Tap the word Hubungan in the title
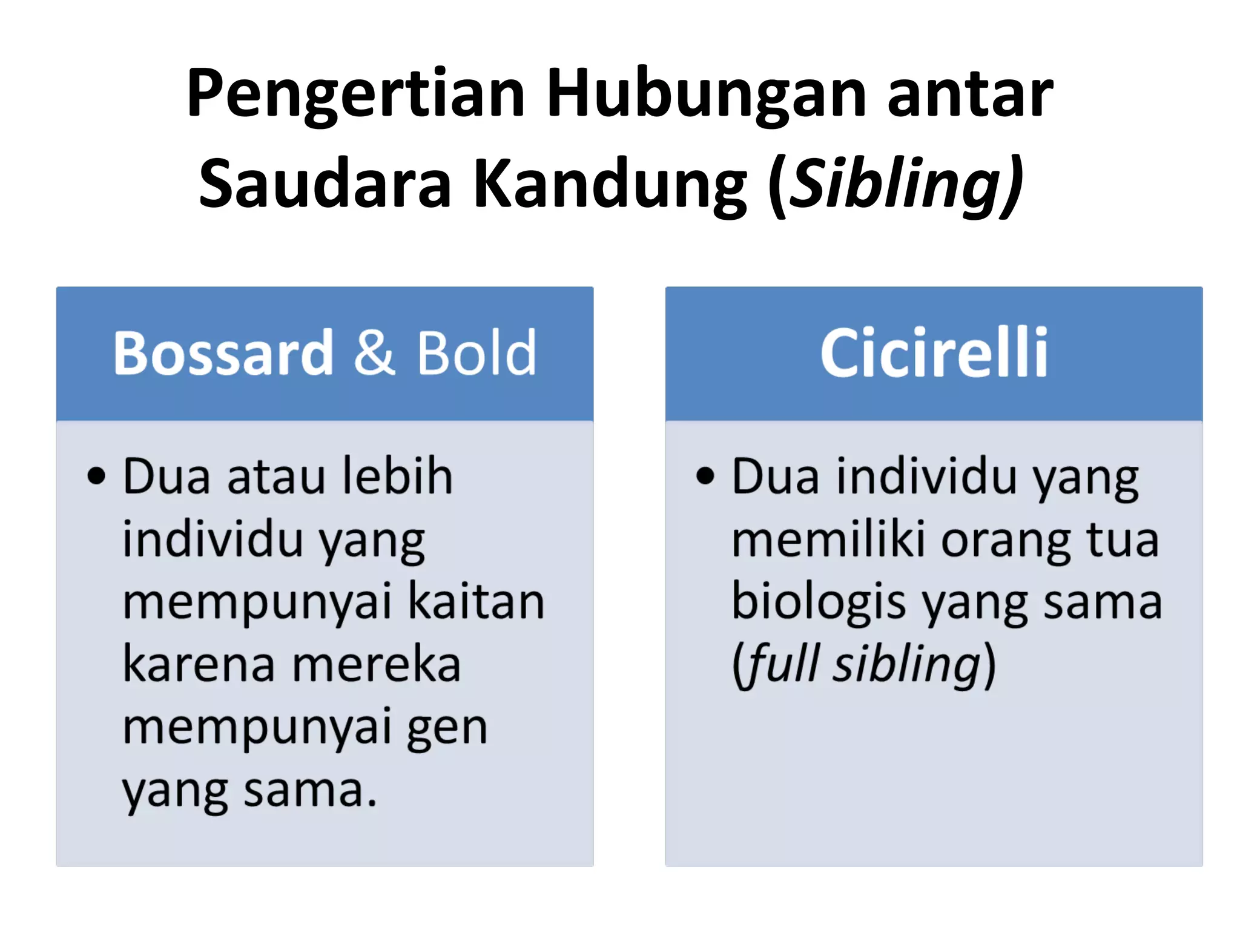tap(706, 94)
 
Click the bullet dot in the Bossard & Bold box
tap(96, 476)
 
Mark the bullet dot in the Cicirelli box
tap(705, 476)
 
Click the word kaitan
tap(477, 602)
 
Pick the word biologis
tap(819, 602)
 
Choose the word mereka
tap(377, 665)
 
